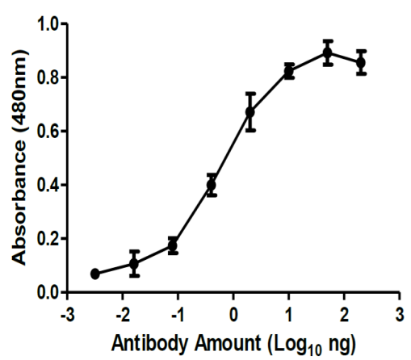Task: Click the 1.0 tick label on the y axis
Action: (48, 23)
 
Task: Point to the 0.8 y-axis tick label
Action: (48, 77)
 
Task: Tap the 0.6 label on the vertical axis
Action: (48, 132)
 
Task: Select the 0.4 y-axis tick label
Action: (48, 185)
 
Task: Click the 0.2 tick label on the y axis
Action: (48, 239)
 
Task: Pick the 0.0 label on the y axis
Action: (48, 292)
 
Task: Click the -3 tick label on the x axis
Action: (68, 314)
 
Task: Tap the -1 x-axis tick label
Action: (178, 314)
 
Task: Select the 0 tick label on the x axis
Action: (233, 314)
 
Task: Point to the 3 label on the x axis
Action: (400, 314)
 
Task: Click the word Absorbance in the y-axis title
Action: (19, 205)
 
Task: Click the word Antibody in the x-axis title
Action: (149, 344)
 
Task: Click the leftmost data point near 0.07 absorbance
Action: (94, 274)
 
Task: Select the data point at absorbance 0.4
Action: (212, 185)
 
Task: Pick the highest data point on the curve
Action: (328, 52)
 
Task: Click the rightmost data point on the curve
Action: (361, 63)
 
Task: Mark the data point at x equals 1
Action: (289, 71)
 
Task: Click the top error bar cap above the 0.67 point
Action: (250, 94)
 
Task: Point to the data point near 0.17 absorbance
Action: (173, 245)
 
